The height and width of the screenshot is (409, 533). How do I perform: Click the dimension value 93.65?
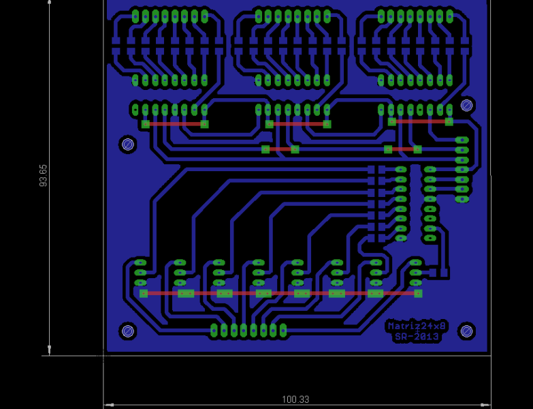point(44,175)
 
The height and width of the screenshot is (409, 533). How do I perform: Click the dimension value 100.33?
point(295,399)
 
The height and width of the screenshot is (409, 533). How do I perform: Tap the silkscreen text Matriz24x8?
point(417,326)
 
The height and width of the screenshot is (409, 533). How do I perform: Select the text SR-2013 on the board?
point(417,337)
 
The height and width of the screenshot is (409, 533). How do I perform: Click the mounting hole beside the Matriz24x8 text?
point(466,331)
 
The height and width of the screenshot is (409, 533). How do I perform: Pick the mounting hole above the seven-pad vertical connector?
point(466,105)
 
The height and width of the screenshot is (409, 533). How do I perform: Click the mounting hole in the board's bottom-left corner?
point(127,331)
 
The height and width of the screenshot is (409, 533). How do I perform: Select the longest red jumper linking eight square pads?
point(280,293)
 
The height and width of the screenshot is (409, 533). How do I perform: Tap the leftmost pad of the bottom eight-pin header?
point(214,331)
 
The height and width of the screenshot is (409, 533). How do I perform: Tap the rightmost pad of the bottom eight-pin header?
point(283,331)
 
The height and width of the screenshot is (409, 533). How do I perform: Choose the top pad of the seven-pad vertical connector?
point(462,140)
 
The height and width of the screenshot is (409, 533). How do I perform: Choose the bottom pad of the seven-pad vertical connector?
point(462,199)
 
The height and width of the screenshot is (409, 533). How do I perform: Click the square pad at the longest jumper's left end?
point(144,293)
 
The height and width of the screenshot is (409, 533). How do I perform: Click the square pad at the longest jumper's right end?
point(418,293)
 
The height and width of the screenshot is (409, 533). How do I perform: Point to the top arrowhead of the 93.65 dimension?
point(50,3)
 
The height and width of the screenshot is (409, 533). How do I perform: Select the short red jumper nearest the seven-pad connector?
point(402,149)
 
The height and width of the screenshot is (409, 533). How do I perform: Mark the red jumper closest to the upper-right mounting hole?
point(420,121)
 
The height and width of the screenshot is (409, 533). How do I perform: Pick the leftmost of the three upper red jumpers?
point(175,124)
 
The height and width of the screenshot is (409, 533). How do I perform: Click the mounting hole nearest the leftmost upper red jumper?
point(127,144)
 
